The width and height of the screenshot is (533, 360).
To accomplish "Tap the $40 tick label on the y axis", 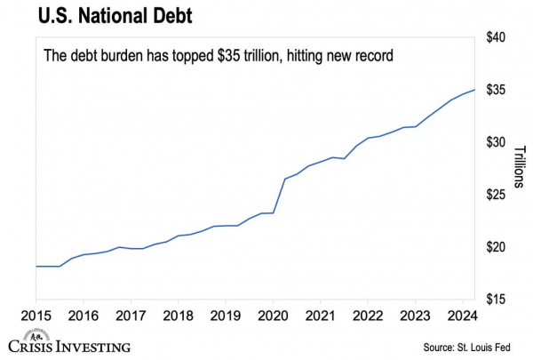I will tap(496, 38).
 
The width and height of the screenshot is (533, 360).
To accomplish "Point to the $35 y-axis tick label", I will tap(496, 91).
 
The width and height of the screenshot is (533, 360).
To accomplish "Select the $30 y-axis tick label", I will tap(496, 143).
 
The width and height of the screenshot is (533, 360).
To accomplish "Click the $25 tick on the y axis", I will tap(496, 196).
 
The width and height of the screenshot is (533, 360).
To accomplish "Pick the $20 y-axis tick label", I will tap(496, 247).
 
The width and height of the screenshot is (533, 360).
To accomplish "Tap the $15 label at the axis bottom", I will tap(496, 300).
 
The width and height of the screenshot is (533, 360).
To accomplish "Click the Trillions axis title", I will tap(521, 169).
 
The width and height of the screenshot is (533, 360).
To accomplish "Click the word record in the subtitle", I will tap(374, 56).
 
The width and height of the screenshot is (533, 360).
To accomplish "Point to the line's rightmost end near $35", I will tap(474, 90).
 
